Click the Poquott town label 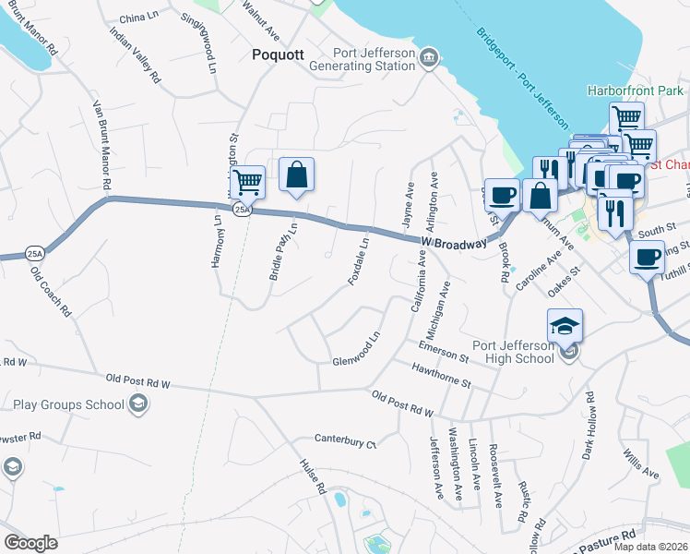point(278,55)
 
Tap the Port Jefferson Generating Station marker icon point(429,59)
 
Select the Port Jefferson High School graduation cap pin point(565,327)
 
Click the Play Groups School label point(68,404)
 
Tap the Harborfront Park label point(636,91)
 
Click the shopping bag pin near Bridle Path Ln point(296,175)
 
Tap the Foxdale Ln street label point(359,261)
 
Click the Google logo point(30,543)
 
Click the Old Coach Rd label point(51,292)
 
